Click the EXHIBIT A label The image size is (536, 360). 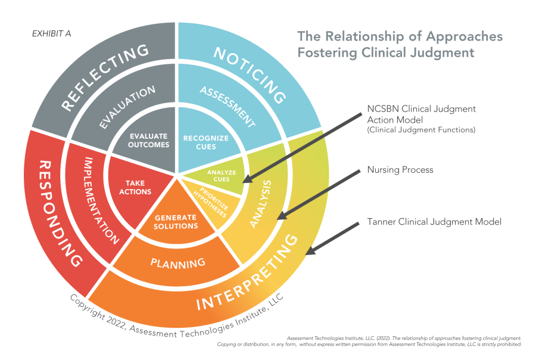51,33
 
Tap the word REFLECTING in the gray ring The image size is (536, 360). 105,77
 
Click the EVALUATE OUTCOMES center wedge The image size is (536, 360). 149,140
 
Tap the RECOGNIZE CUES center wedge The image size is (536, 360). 205,142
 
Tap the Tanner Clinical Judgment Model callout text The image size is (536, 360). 434,222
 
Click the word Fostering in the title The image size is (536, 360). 326,52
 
